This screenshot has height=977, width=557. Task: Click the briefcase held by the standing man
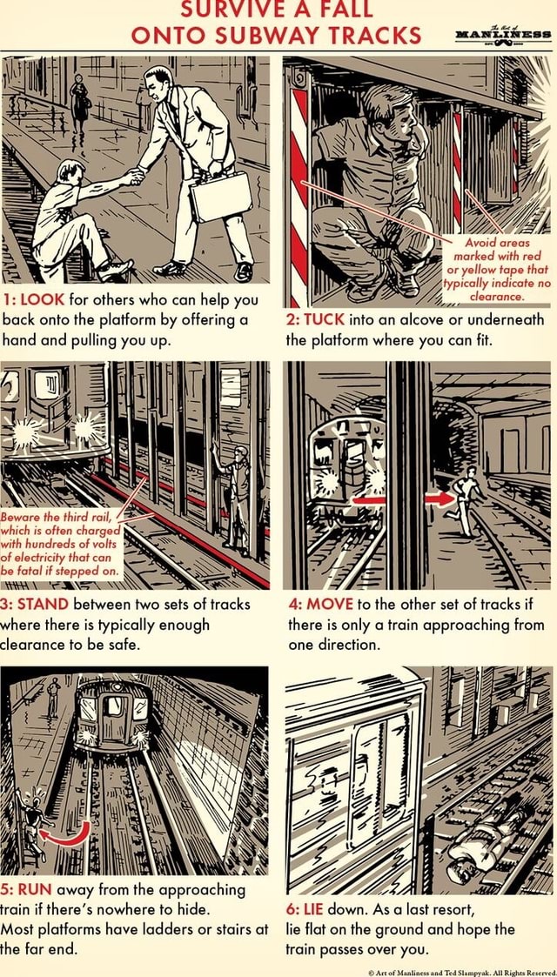[220, 197]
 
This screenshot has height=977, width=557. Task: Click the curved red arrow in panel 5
[70, 834]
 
